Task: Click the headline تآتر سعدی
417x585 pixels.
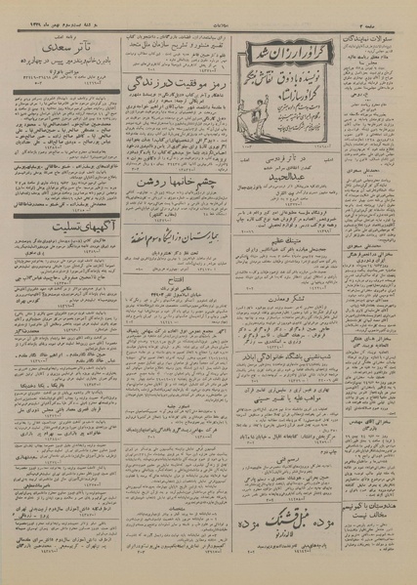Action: (x=65, y=45)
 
